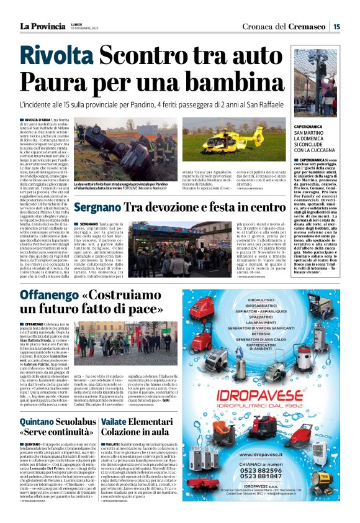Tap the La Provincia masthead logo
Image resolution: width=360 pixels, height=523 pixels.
click(42, 26)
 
